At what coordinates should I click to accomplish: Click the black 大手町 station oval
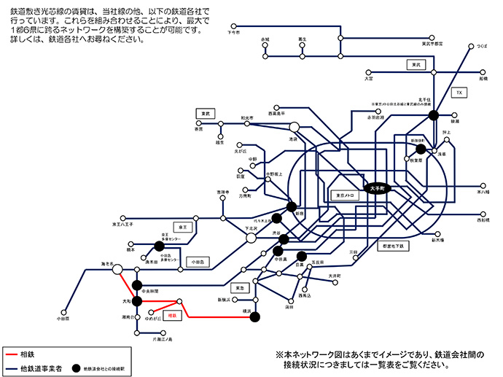(x=378, y=188)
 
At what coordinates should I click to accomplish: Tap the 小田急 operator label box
(x=198, y=260)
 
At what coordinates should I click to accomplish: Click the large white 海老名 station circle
(x=116, y=270)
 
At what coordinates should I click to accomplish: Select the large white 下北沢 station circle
(x=250, y=238)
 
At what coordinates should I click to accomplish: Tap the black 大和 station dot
(x=136, y=300)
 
